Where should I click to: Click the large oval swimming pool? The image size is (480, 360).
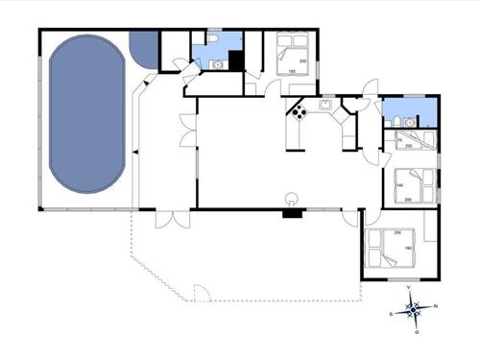click(87, 113)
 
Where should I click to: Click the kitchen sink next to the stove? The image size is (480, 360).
click(325, 104)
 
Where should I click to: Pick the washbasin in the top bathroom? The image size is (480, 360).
click(218, 64)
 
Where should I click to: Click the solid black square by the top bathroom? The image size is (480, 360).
click(237, 60)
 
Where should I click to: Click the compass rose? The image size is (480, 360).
click(413, 309)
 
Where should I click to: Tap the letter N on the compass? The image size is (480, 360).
click(436, 306)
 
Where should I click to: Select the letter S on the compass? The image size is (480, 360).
click(391, 314)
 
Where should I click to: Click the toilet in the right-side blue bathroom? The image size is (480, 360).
click(396, 120)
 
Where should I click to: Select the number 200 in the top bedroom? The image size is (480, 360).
click(302, 61)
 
